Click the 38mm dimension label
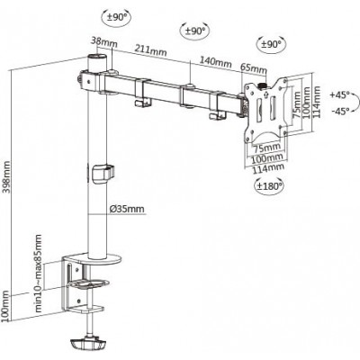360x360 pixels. click(104, 42)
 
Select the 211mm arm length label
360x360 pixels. click(150, 50)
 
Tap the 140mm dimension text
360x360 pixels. click(216, 62)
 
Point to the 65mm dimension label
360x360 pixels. click(254, 68)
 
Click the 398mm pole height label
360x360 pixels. click(6, 177)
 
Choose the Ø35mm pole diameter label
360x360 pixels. click(127, 209)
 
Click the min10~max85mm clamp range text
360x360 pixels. click(39, 273)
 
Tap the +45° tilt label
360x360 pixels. click(340, 95)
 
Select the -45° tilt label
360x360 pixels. click(341, 112)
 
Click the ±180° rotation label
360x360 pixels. click(269, 185)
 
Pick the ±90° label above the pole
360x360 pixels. click(117, 17)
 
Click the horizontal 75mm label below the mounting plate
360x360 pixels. click(266, 148)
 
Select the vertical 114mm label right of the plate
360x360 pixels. click(317, 102)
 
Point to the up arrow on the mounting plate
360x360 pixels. click(266, 94)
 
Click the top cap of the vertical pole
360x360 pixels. click(97, 57)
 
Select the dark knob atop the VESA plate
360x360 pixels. click(263, 85)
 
